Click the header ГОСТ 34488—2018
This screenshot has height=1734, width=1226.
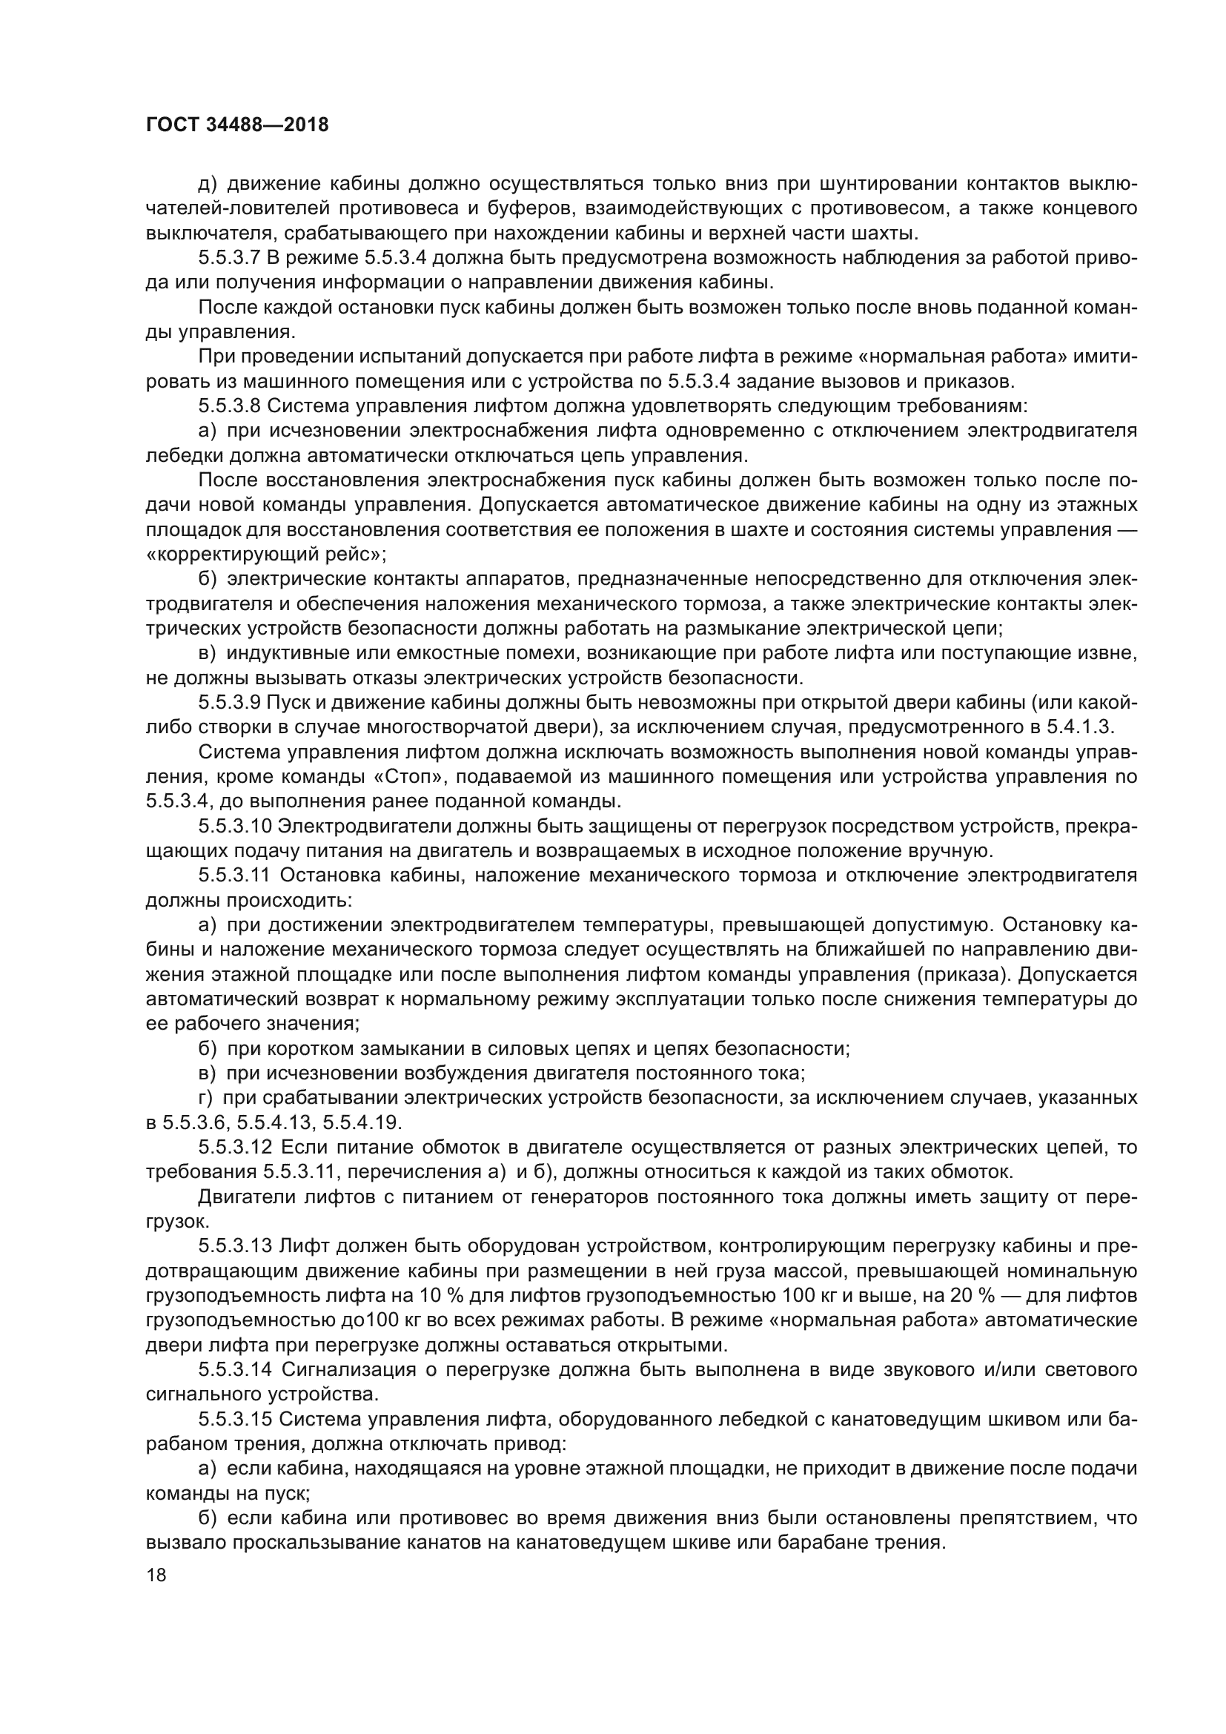point(237,125)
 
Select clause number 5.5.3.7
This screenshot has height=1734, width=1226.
point(230,258)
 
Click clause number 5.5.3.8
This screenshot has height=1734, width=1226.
point(230,406)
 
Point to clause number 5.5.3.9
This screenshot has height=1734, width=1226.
point(230,702)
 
